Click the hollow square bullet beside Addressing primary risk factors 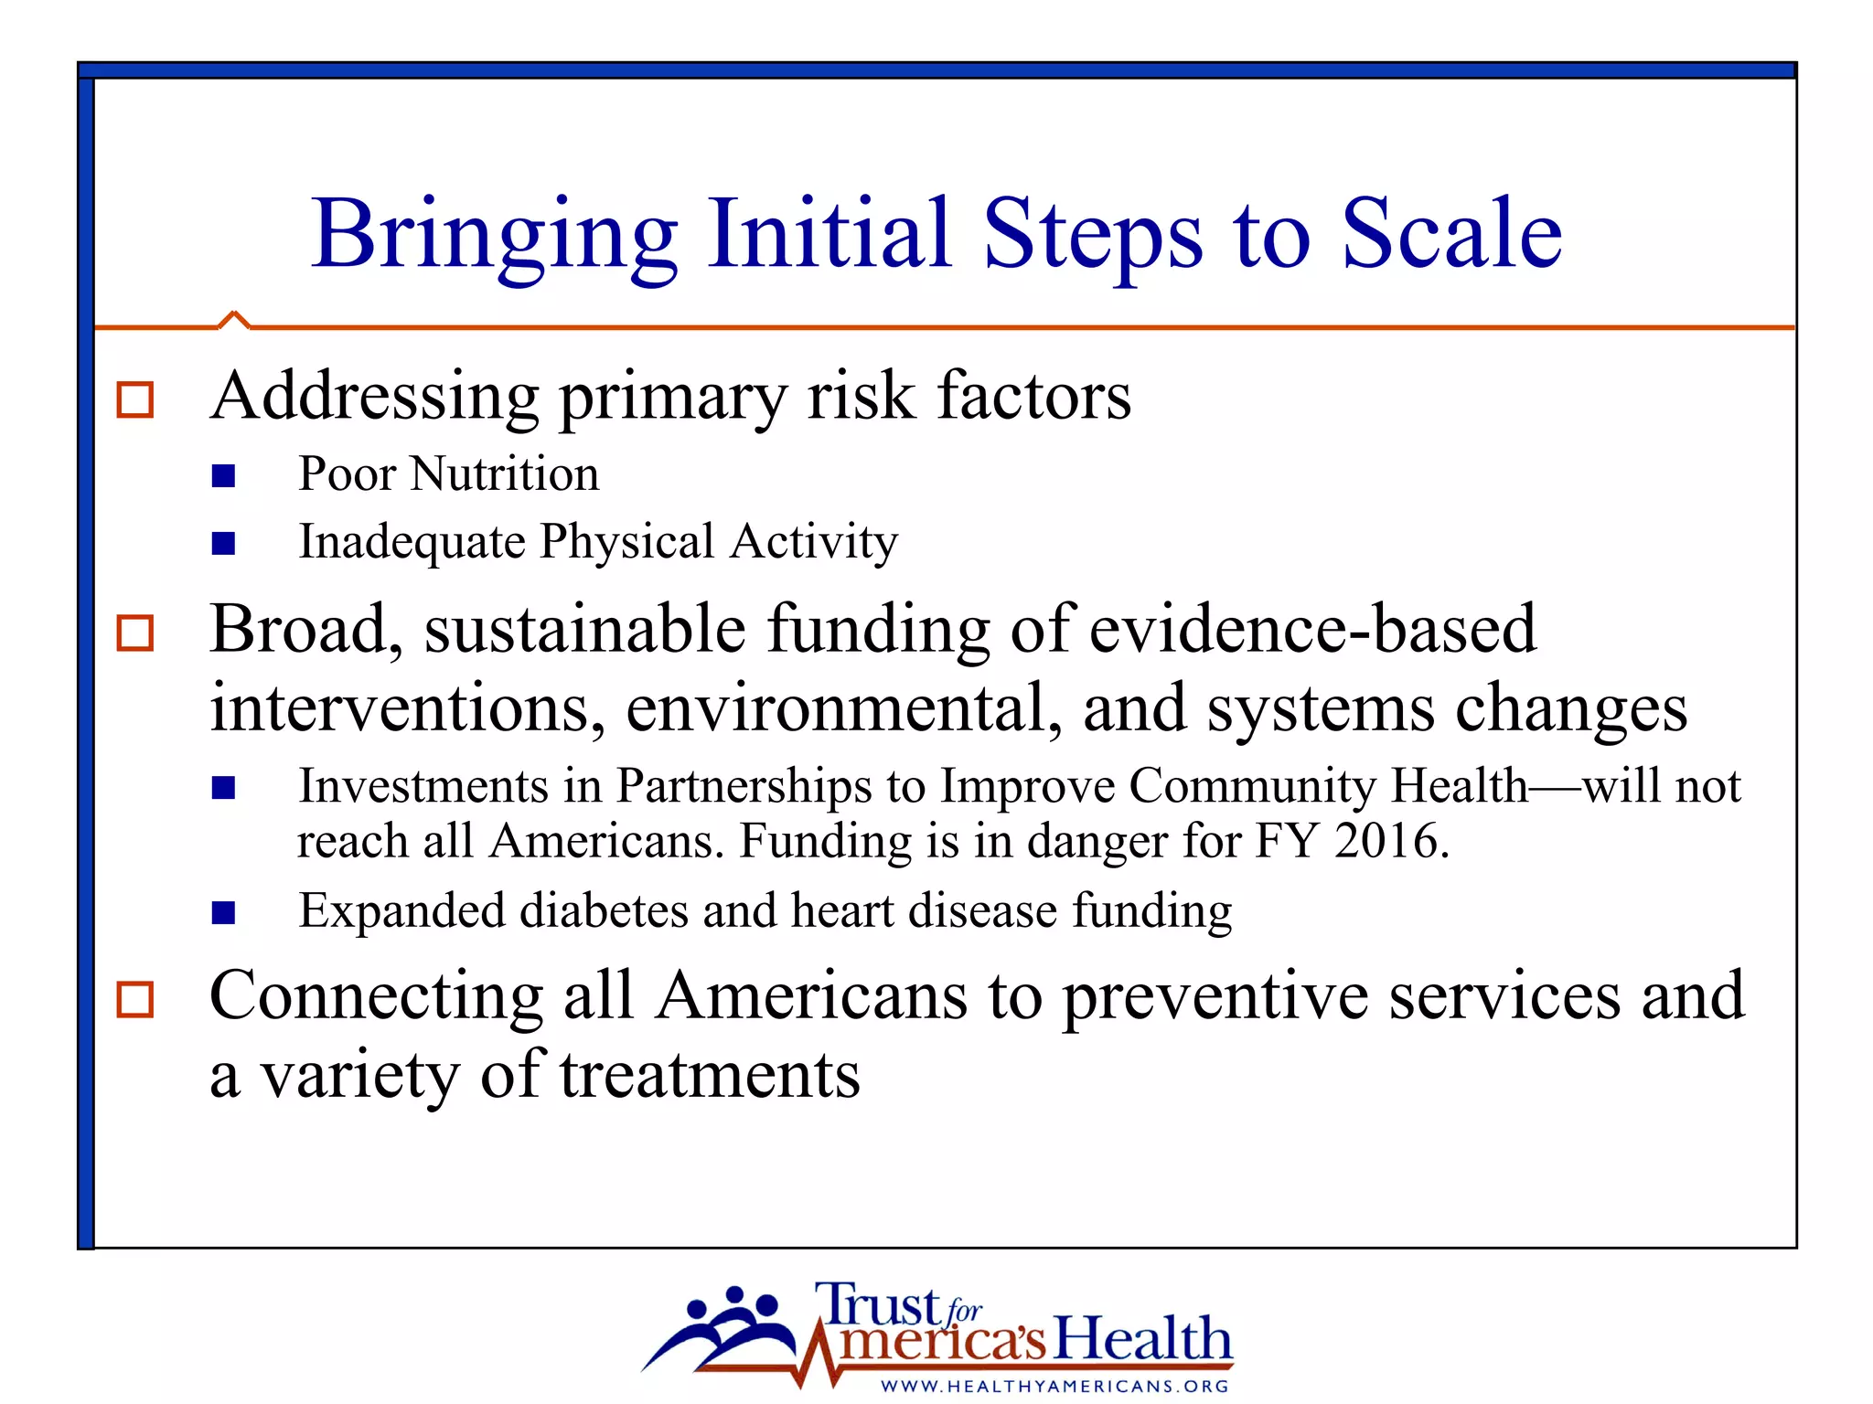pos(135,400)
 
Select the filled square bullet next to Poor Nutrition pos(223,476)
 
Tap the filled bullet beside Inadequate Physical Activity pos(223,544)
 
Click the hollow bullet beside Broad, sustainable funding pos(135,633)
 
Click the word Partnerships pos(743,786)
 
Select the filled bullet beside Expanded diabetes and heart pos(223,913)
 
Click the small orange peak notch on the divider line pos(234,318)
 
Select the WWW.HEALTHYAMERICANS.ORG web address pos(1054,1387)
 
